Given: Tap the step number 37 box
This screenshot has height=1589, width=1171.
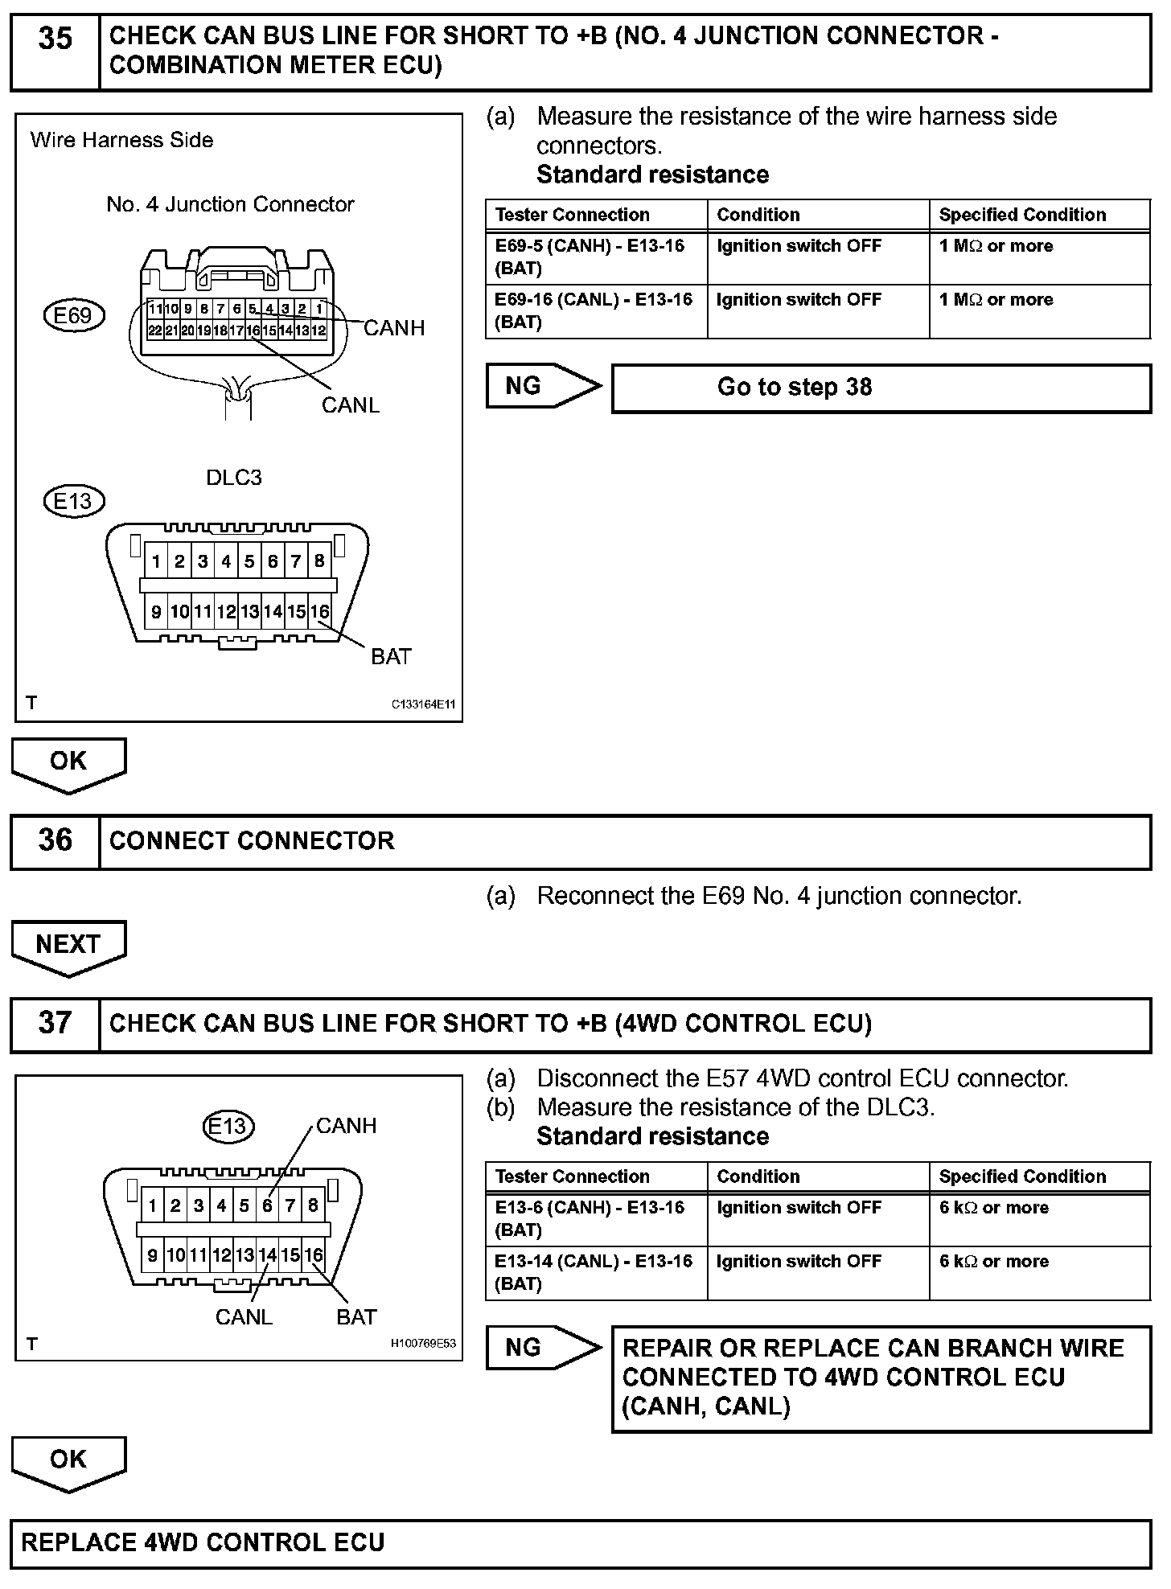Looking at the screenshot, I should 55,1024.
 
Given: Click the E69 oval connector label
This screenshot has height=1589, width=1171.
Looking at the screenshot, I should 73,315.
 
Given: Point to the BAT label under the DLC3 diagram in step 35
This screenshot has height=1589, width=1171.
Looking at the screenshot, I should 391,657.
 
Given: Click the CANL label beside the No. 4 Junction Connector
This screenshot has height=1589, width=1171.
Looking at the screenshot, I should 350,405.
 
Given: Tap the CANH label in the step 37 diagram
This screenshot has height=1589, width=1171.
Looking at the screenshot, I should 346,1126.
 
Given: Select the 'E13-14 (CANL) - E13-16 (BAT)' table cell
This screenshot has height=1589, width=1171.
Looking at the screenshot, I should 596,1272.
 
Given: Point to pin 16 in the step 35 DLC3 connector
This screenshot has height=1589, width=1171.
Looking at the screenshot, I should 320,612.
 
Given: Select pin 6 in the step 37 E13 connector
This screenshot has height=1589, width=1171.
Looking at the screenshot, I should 267,1206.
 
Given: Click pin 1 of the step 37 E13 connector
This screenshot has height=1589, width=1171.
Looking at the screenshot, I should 153,1206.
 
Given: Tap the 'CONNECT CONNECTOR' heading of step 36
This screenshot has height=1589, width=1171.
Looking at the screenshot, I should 252,841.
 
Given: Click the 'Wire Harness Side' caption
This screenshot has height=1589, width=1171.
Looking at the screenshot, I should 121,140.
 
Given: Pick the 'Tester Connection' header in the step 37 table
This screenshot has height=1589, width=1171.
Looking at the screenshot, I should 572,1176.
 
